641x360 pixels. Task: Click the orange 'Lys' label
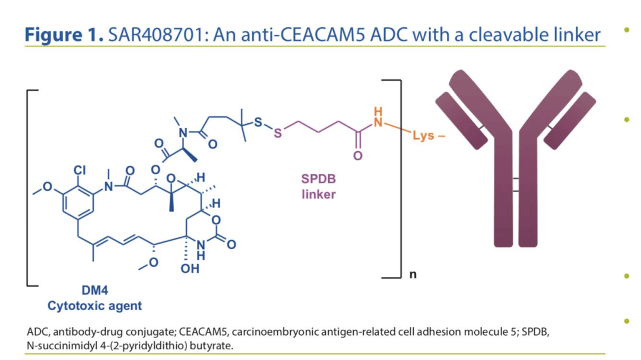pyautogui.click(x=423, y=136)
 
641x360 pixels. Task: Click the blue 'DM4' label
pyautogui.click(x=95, y=291)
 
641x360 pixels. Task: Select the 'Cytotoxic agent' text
pyautogui.click(x=95, y=306)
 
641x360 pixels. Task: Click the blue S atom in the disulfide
pyautogui.click(x=257, y=122)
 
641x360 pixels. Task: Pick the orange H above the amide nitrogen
pyautogui.click(x=376, y=111)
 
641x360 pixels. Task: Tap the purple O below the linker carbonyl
pyautogui.click(x=357, y=156)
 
